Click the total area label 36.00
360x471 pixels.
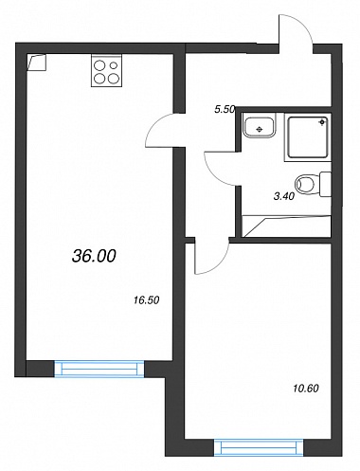coord(94,256)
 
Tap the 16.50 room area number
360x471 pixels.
coord(146,299)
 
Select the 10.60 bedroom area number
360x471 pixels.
coord(306,388)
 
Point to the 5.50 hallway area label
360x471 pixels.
coord(225,110)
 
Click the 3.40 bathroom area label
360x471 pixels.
coord(284,196)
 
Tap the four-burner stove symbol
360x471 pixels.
coord(106,70)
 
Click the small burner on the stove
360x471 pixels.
coord(114,65)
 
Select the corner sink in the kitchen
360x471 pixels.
coord(37,63)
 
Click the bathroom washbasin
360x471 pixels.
coord(259,127)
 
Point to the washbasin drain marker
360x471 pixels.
coord(260,129)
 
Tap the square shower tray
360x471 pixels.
coord(308,137)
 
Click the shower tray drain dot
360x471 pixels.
coord(322,122)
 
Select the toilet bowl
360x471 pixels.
coord(305,184)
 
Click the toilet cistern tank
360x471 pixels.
coord(325,184)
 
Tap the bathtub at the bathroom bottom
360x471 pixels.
coord(286,226)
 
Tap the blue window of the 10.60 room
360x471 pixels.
coord(259,447)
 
